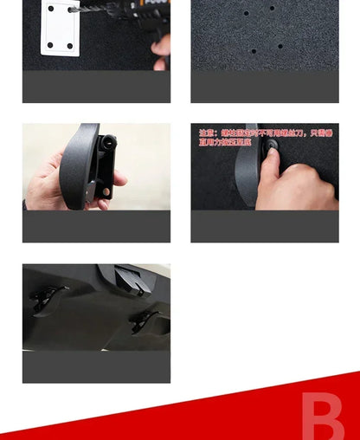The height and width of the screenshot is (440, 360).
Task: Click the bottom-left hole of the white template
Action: click(49, 43)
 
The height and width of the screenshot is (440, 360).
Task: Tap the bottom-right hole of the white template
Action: click(69, 46)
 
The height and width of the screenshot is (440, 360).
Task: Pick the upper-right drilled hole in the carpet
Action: click(272, 9)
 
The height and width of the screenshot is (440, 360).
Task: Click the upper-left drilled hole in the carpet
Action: click(247, 14)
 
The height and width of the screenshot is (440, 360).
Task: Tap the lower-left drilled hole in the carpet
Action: click(254, 51)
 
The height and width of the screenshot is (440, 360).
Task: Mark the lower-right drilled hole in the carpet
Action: click(280, 46)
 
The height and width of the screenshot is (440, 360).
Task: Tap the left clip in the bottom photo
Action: click(48, 297)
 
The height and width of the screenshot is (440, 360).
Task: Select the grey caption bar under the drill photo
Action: click(96, 87)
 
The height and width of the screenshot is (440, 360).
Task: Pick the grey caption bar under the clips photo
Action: click(96, 366)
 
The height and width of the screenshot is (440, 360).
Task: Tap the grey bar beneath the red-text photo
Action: click(265, 226)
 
